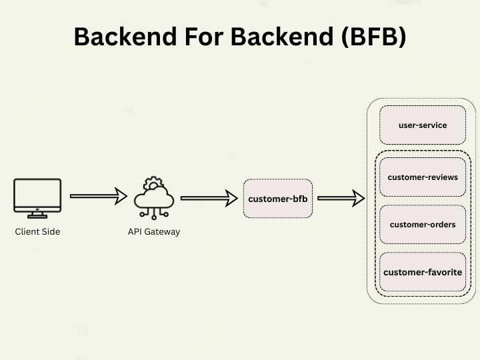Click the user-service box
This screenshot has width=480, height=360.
[x=422, y=125]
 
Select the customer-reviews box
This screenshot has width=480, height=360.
[x=422, y=177]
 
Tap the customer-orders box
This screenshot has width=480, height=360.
[x=422, y=225]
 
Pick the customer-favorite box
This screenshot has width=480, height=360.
[x=422, y=272]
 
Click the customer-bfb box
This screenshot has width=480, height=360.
[x=278, y=199]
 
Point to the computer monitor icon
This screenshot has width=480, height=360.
[x=37, y=198]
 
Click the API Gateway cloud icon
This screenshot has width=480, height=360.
[x=154, y=198]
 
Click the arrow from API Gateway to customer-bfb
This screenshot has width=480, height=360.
[x=209, y=198]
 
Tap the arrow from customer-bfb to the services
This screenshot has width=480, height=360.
[x=341, y=198]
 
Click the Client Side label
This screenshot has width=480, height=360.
[x=37, y=232]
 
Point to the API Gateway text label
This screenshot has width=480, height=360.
[x=154, y=232]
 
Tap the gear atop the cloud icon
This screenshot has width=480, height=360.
[x=154, y=183]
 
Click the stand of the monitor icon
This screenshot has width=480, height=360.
[x=37, y=214]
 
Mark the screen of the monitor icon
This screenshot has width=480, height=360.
[x=37, y=193]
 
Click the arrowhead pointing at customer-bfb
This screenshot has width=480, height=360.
[x=231, y=198]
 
